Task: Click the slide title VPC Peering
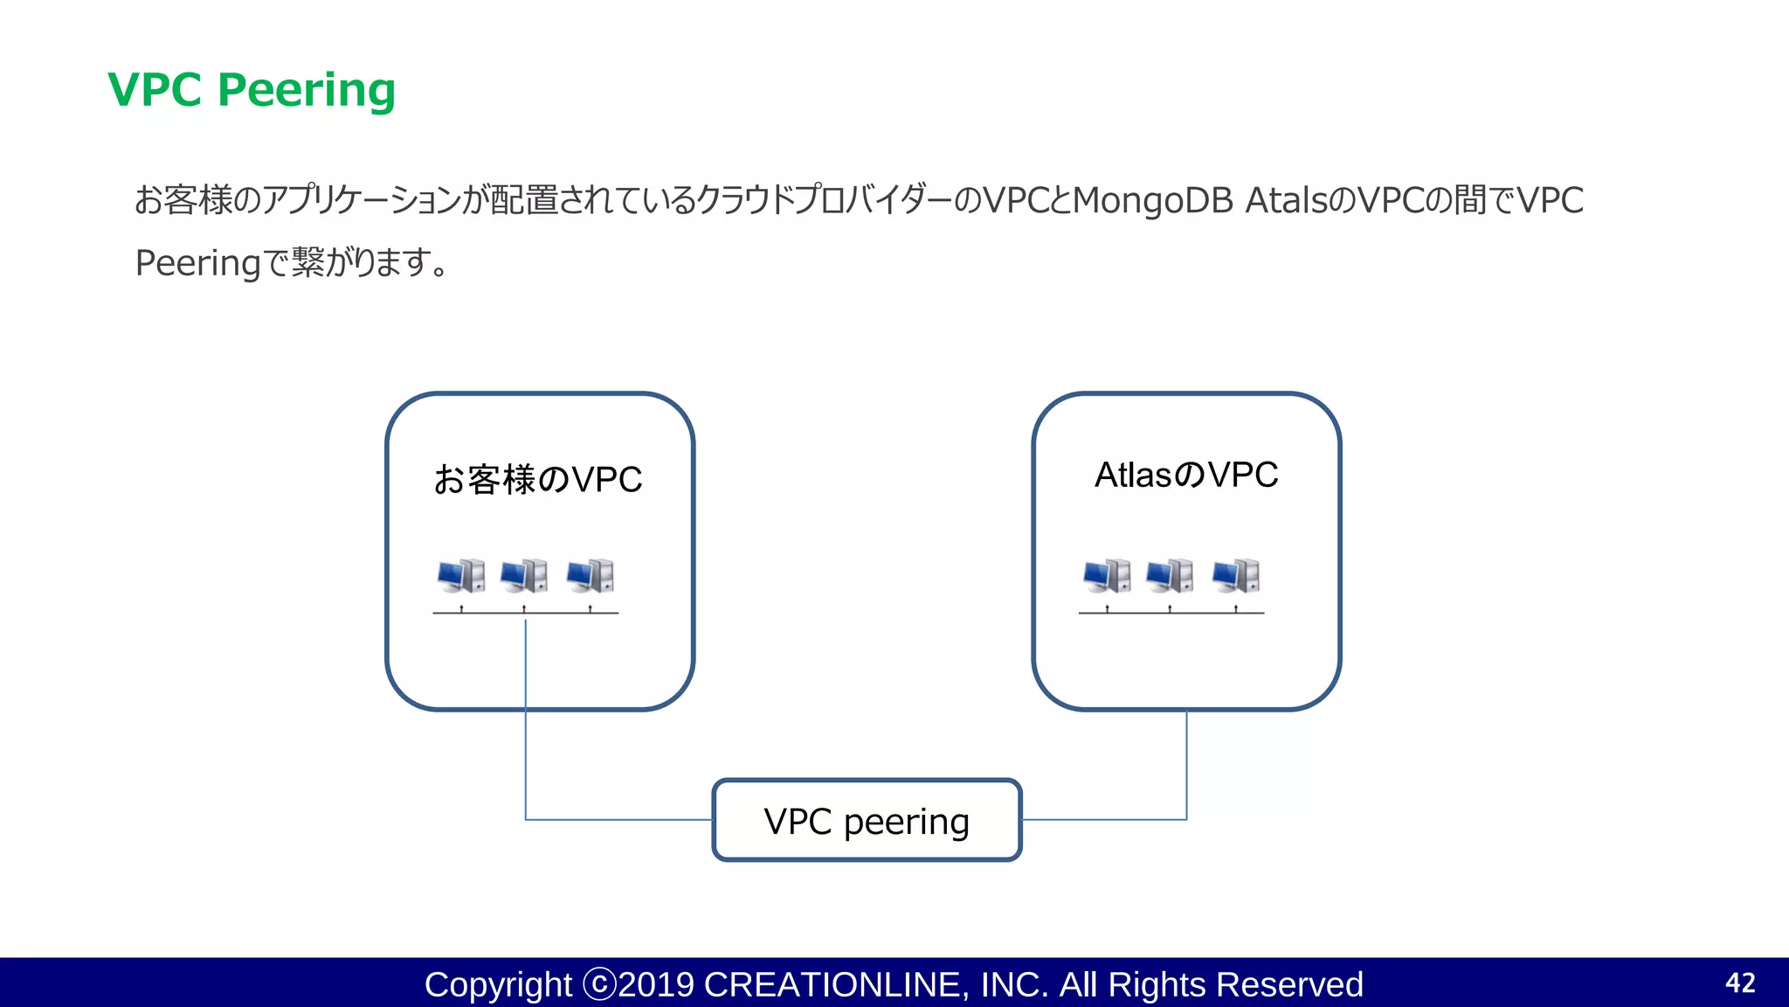[252, 90]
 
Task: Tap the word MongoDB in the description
[1152, 200]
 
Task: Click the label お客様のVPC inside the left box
[538, 480]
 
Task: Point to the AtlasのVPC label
[1186, 476]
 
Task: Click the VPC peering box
[867, 821]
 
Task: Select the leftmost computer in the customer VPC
[461, 576]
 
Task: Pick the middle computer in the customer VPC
[524, 576]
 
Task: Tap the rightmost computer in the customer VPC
[591, 576]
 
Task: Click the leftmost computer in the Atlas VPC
[1107, 576]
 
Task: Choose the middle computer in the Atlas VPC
[1170, 576]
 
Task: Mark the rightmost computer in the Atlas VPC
[1236, 576]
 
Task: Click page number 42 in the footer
[1740, 983]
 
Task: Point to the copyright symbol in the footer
[599, 984]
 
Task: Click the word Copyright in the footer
[498, 985]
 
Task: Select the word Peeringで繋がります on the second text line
[292, 262]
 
